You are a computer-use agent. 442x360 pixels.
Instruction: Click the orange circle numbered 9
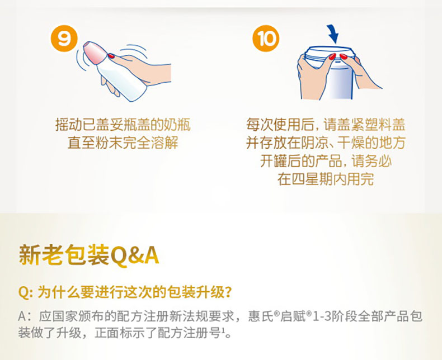[x=64, y=39]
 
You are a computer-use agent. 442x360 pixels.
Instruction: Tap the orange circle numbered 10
[x=266, y=39]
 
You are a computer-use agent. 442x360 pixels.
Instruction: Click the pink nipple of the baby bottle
[x=95, y=53]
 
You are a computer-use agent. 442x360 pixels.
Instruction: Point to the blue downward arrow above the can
[x=333, y=34]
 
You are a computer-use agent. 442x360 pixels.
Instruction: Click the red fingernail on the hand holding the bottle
[x=111, y=56]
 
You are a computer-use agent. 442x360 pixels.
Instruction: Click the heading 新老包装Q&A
[x=89, y=255]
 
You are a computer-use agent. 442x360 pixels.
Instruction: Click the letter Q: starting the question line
[x=26, y=292]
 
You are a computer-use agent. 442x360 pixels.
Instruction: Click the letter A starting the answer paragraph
[x=22, y=316]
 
